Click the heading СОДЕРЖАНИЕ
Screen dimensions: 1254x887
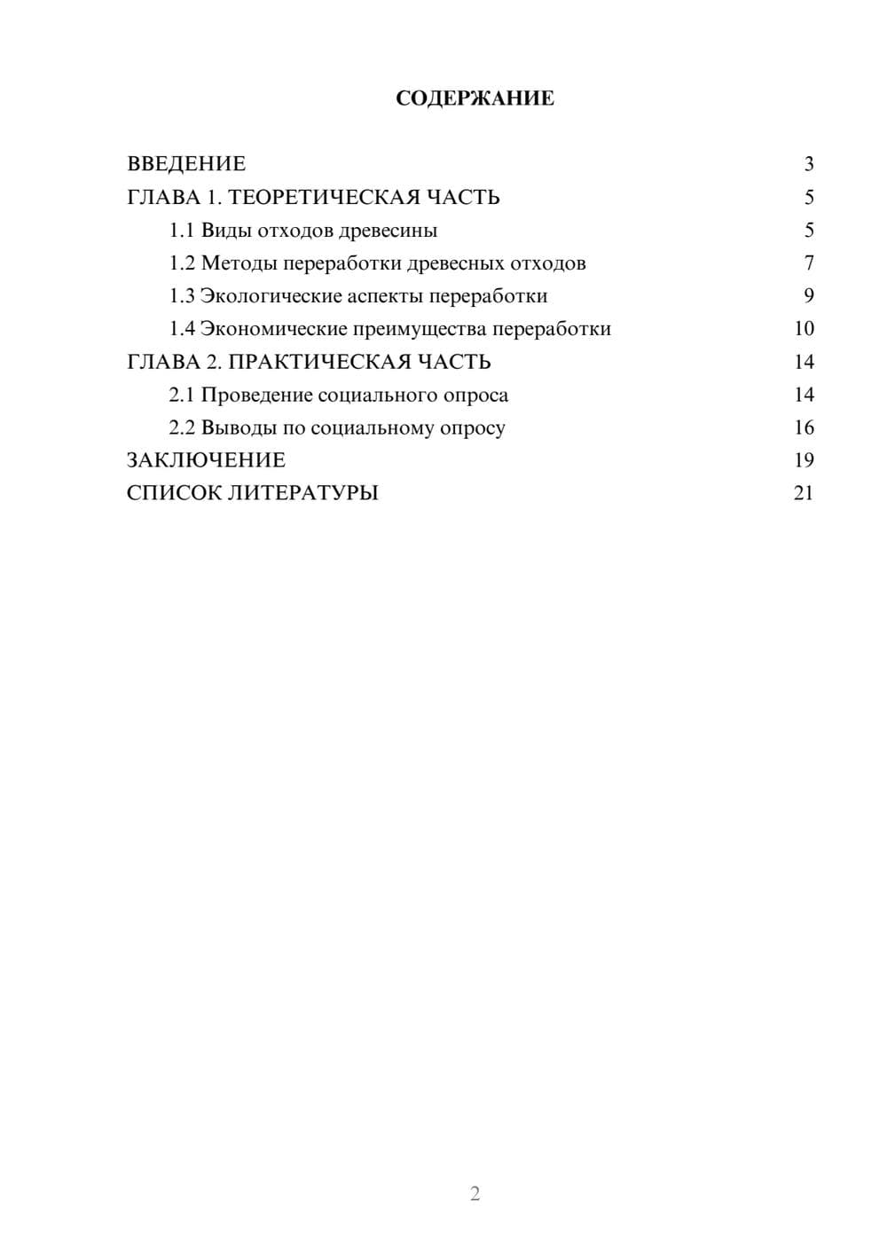pyautogui.click(x=475, y=98)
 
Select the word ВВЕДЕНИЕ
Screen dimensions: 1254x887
pyautogui.click(x=186, y=164)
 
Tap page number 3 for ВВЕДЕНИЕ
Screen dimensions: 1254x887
pyautogui.click(x=809, y=164)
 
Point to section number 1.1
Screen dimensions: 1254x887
pyautogui.click(x=182, y=231)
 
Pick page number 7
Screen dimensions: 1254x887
pyautogui.click(x=809, y=263)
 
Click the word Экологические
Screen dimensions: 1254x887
pyautogui.click(x=271, y=296)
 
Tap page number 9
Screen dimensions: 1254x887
pyautogui.click(x=809, y=296)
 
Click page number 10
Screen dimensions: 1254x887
pyautogui.click(x=804, y=329)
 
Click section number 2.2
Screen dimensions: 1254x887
pyautogui.click(x=182, y=427)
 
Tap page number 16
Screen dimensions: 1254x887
pyautogui.click(x=804, y=427)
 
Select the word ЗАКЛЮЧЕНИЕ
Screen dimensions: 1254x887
pyautogui.click(x=206, y=460)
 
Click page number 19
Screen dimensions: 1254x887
pyautogui.click(x=804, y=460)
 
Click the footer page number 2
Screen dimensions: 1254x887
pyautogui.click(x=475, y=1194)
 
